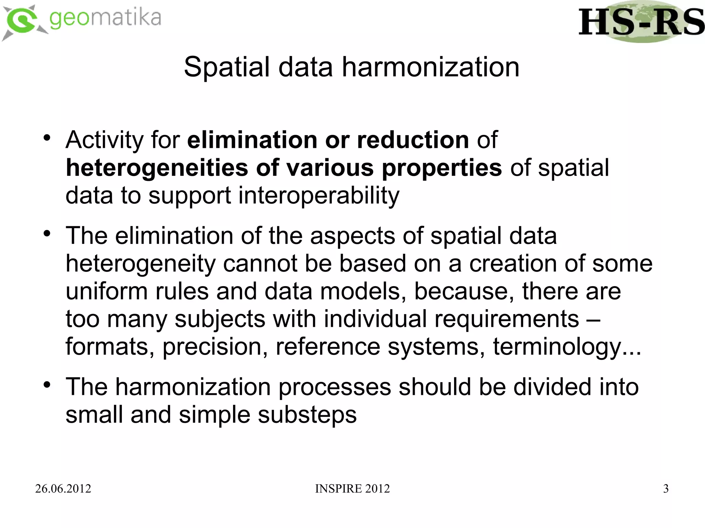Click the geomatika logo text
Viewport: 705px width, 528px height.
[x=105, y=19]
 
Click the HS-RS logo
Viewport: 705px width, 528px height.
[x=641, y=22]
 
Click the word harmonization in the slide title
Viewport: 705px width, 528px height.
[x=430, y=67]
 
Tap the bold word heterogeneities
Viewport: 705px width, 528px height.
[x=157, y=168]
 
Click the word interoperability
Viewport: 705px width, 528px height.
[x=318, y=195]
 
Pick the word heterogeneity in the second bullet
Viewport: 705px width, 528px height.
[x=140, y=264]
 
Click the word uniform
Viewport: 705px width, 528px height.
[x=106, y=291]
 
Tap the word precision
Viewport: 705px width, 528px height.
[x=215, y=347]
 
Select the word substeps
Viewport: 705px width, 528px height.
[x=307, y=415]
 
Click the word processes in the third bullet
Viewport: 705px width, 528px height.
[x=335, y=387]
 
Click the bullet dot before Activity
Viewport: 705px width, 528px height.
[x=47, y=138]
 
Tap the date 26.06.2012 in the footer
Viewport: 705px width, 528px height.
[x=63, y=488]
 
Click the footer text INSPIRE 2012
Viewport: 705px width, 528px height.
[x=352, y=488]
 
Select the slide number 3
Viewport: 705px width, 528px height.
[x=666, y=488]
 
